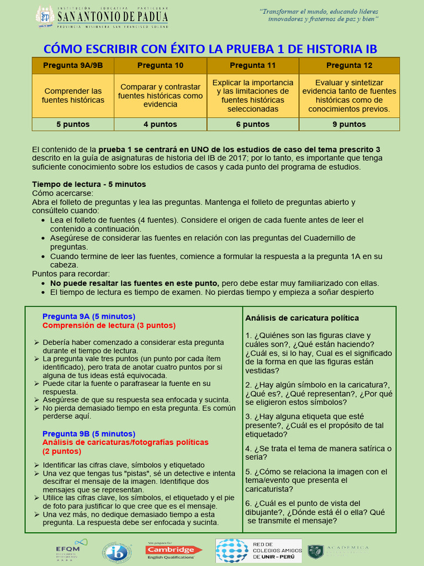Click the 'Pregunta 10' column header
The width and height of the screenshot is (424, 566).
point(160,65)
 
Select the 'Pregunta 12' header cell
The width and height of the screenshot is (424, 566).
point(349,65)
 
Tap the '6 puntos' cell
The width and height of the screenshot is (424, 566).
point(253,124)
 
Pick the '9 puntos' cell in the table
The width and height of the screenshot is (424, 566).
point(349,124)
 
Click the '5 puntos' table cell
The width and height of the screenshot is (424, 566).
point(73,124)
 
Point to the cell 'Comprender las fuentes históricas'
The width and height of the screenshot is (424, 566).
point(73,96)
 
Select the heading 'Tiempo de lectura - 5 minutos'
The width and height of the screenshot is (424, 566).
point(89,184)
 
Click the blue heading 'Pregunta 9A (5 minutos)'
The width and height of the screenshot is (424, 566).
point(89,317)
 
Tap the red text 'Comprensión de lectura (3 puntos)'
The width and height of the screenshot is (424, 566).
point(109,326)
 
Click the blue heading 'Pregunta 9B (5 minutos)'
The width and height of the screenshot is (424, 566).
point(89,434)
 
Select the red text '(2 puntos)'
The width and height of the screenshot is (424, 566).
point(62,452)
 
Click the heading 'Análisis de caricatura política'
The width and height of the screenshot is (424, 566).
point(303,318)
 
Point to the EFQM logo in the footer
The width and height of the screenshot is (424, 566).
point(68,549)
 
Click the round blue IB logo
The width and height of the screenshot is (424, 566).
point(117,551)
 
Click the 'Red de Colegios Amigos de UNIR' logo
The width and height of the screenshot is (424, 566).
point(258,551)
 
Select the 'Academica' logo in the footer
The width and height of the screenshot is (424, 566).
point(338,551)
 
